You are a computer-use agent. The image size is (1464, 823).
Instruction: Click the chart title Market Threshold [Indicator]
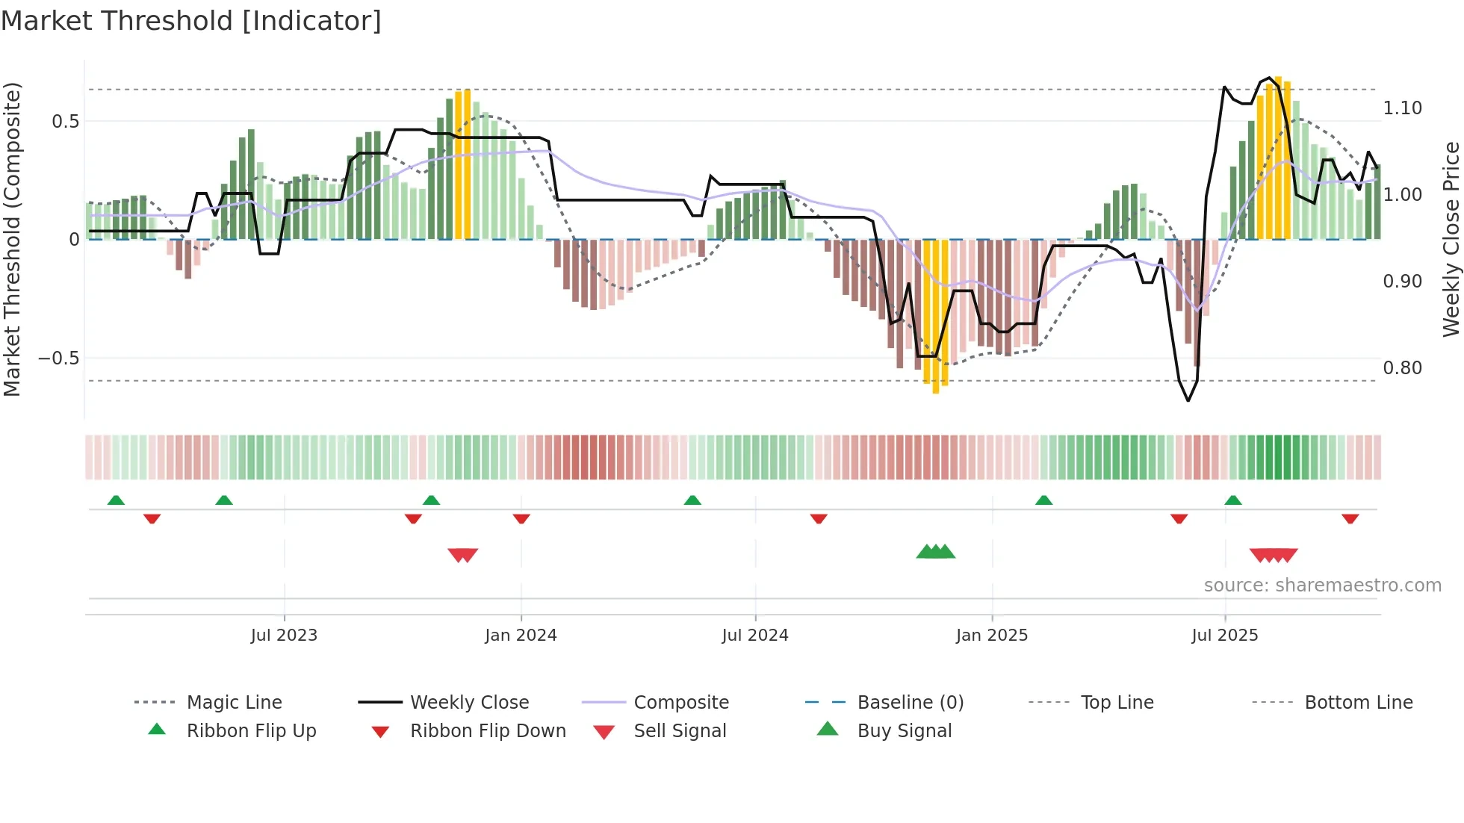[191, 21]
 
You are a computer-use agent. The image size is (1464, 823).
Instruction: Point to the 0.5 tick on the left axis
[66, 121]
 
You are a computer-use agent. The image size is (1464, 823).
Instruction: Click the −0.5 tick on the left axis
[59, 358]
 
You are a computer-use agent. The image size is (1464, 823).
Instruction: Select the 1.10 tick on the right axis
[1402, 108]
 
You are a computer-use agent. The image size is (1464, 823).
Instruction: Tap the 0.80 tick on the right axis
[1402, 368]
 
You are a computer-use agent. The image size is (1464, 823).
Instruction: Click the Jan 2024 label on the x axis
[521, 636]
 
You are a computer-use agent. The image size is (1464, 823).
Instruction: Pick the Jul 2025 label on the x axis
[1224, 636]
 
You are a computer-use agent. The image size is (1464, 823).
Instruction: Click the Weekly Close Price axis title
[1451, 239]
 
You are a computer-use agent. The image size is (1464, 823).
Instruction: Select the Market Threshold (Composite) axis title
[12, 239]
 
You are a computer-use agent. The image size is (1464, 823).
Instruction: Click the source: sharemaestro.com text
[1322, 586]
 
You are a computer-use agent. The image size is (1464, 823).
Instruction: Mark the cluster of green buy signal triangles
[935, 552]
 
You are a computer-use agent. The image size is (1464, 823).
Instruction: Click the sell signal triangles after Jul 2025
[1274, 555]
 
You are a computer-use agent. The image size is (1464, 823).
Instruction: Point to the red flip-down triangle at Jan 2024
[521, 518]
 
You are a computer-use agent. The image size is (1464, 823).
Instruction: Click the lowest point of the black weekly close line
[1188, 401]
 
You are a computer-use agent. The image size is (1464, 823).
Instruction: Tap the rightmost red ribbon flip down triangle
[1350, 518]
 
